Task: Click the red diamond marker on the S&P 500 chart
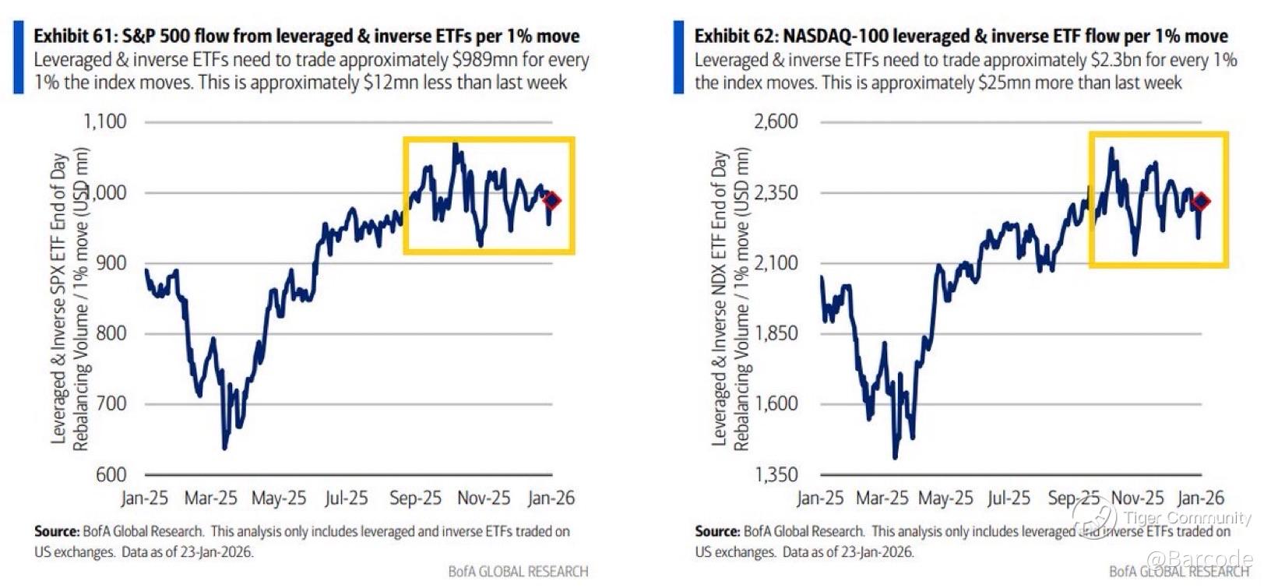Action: (x=551, y=200)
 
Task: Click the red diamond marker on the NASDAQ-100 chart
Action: (x=1201, y=201)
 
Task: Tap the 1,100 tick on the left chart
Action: (x=105, y=121)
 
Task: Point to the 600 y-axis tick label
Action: (x=111, y=474)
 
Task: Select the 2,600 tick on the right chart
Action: (x=776, y=121)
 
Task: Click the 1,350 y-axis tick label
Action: (x=776, y=474)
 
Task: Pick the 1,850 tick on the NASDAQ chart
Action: (x=776, y=333)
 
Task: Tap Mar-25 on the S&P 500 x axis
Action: (x=210, y=498)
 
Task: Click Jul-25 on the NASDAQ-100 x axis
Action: (x=1009, y=498)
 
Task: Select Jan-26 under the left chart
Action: (x=551, y=498)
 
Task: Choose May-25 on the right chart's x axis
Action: (x=945, y=498)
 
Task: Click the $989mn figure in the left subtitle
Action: (x=484, y=60)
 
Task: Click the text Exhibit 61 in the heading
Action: (x=72, y=36)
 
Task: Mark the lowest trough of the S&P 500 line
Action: (x=225, y=448)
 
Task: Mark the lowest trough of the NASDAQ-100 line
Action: (x=895, y=457)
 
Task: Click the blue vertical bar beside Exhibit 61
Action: (x=18, y=58)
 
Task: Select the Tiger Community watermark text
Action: (x=1187, y=518)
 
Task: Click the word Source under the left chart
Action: (x=56, y=532)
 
